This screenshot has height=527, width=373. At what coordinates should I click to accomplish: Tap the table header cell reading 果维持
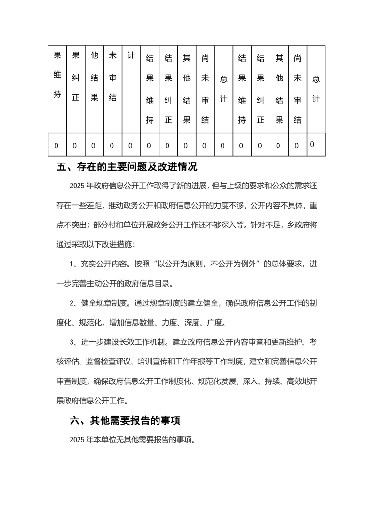coord(57,75)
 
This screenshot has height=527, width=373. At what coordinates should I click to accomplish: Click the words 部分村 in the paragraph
coord(95,225)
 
